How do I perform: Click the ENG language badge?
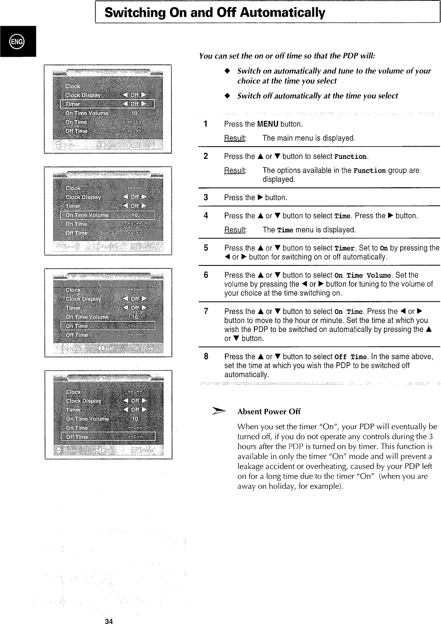point(18,41)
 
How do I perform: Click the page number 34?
point(109,621)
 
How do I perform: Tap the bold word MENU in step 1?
point(267,124)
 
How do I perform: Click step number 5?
point(206,248)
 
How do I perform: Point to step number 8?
point(206,357)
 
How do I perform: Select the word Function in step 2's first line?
point(350,157)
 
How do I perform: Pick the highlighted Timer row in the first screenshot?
point(107,104)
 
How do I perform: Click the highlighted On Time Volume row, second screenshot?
point(107,215)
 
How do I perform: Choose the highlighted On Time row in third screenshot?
point(108,326)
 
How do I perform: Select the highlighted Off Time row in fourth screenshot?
point(108,437)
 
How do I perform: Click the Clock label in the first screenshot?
point(73,86)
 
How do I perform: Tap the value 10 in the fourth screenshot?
point(135,419)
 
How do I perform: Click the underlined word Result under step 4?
point(235,230)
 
